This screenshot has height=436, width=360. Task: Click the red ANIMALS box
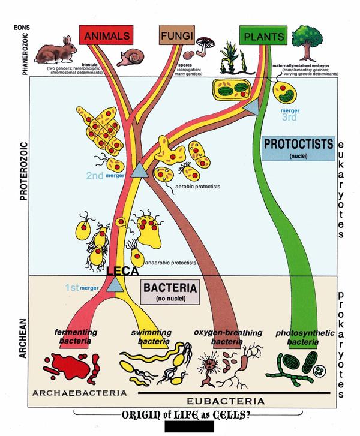107,37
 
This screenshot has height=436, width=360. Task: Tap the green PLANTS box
262,37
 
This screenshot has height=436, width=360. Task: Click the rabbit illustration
55,51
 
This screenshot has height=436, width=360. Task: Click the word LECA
119,272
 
